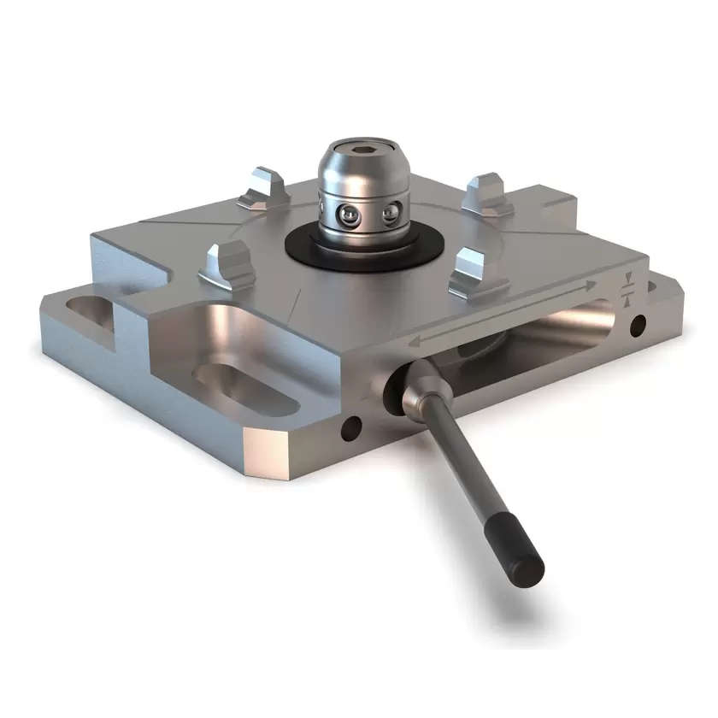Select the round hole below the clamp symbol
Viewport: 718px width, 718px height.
637,325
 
